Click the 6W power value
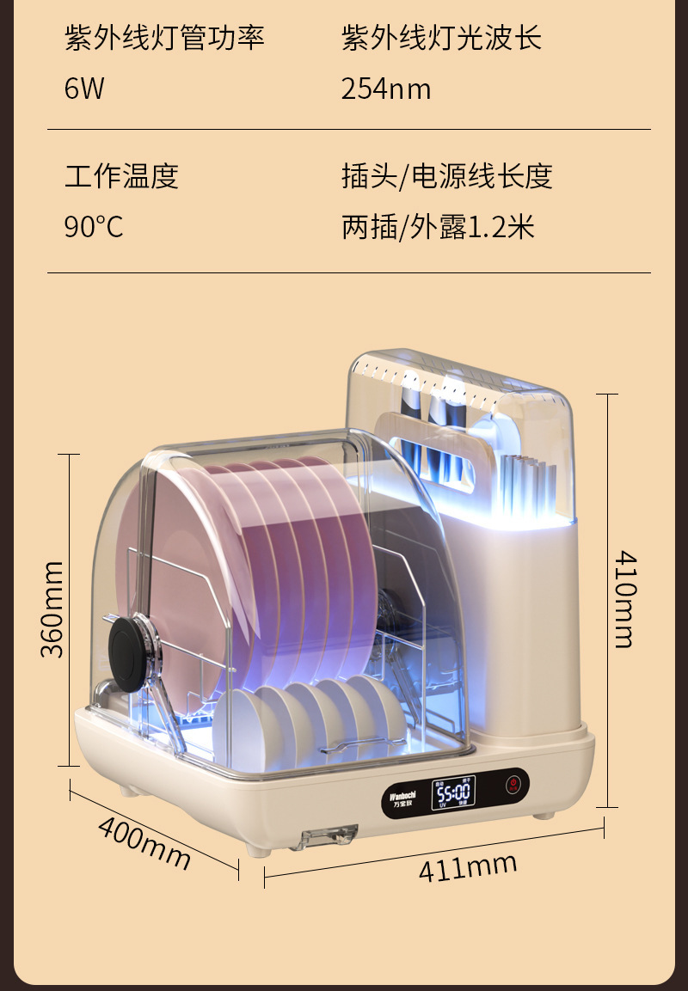pyautogui.click(x=84, y=89)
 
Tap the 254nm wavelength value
pyautogui.click(x=386, y=89)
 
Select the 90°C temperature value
pyautogui.click(x=94, y=227)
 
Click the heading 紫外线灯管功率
pyautogui.click(x=164, y=39)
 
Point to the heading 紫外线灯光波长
pyautogui.click(x=441, y=39)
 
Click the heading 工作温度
pyautogui.click(x=121, y=176)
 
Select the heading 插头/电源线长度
pyautogui.click(x=446, y=176)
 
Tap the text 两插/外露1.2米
pyautogui.click(x=438, y=227)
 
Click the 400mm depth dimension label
pyautogui.click(x=144, y=841)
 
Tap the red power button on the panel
pyautogui.click(x=513, y=786)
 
